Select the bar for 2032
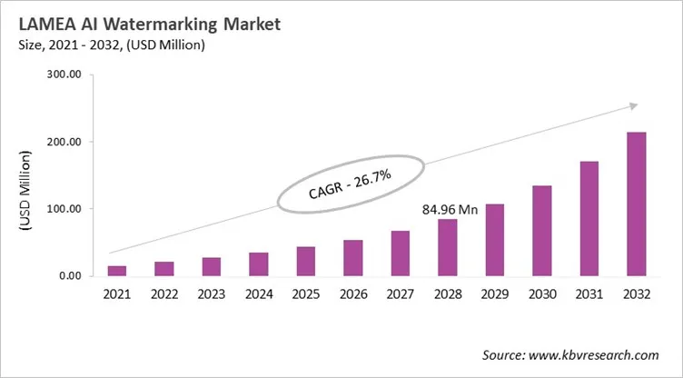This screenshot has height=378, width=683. [x=636, y=204]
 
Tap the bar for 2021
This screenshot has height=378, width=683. [x=117, y=270]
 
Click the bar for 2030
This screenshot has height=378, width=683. [x=541, y=231]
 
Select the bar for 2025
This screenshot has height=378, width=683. [x=306, y=261]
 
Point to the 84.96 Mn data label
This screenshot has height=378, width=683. [x=450, y=209]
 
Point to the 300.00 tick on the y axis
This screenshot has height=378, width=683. [x=64, y=75]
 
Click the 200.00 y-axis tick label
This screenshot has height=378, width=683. [x=64, y=143]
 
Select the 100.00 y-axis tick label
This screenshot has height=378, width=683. [x=64, y=209]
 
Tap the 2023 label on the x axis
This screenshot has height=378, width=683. [x=212, y=294]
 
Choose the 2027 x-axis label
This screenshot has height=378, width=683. [x=401, y=294]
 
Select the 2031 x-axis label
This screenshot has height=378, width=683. [x=589, y=294]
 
